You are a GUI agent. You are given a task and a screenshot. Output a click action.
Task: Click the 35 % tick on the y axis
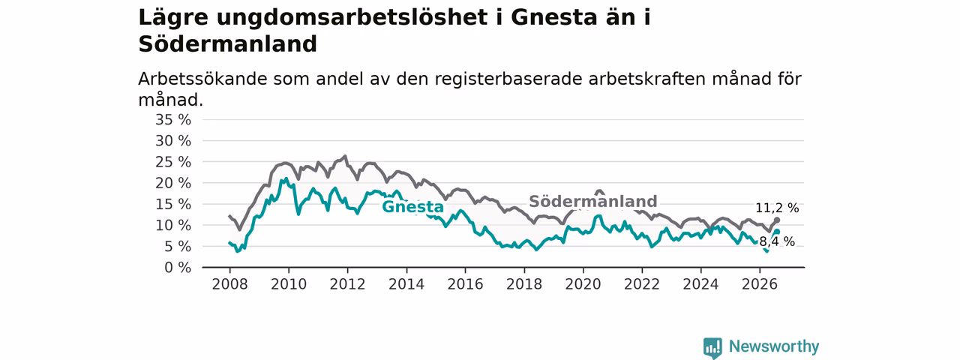coord(173,119)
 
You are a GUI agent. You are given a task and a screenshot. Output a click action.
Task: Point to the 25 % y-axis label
coord(173,162)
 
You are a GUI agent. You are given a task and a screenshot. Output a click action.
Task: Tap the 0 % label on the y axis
coord(178,268)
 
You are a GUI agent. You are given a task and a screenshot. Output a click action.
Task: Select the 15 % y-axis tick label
coord(173,204)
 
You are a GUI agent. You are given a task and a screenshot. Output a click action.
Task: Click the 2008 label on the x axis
coord(229,284)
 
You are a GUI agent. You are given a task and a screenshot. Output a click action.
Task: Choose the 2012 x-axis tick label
coord(347,284)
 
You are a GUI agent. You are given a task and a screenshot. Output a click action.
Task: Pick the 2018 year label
coord(524,284)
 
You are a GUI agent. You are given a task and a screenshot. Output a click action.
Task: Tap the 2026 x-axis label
coord(760,284)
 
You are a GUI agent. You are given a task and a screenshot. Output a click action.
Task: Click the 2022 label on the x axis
coord(642,284)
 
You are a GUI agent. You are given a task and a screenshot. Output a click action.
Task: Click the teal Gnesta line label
coord(412,206)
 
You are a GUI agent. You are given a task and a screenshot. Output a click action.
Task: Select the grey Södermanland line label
coord(593,201)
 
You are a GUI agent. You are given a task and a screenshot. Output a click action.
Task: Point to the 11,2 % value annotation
coord(777,208)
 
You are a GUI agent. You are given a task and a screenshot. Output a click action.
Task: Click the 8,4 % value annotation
coord(777,241)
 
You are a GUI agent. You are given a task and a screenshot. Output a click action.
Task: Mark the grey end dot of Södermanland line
coord(777,220)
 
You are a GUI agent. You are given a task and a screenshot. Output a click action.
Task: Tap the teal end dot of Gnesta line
coord(777,232)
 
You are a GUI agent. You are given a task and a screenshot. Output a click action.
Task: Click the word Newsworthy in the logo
coord(774,346)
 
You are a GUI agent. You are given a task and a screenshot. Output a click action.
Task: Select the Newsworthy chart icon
coord(712,347)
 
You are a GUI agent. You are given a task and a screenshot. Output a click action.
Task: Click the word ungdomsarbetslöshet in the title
coord(352,18)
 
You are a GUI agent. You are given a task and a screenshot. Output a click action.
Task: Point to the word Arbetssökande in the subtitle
coord(202,79)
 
